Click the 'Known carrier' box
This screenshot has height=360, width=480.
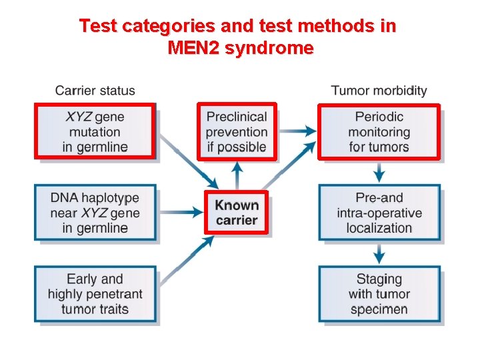pos(236,213)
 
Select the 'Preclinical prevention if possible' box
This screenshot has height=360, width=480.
pos(236,131)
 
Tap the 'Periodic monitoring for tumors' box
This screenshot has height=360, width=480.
pos(379,131)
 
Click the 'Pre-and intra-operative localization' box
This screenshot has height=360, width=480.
pos(379,213)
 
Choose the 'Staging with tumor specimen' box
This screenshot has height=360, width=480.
pos(379,294)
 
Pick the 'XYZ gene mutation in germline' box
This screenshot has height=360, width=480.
pos(95,131)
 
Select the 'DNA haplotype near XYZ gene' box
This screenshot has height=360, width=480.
pos(95,213)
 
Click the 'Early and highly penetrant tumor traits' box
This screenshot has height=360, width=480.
pos(95,294)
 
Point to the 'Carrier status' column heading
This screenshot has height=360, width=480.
pos(95,91)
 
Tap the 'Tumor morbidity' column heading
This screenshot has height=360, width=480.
pos(379,91)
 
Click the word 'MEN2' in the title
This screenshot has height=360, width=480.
pos(194,48)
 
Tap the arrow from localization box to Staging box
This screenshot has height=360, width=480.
pos(379,253)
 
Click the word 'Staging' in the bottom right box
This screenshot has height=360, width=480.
pos(379,279)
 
